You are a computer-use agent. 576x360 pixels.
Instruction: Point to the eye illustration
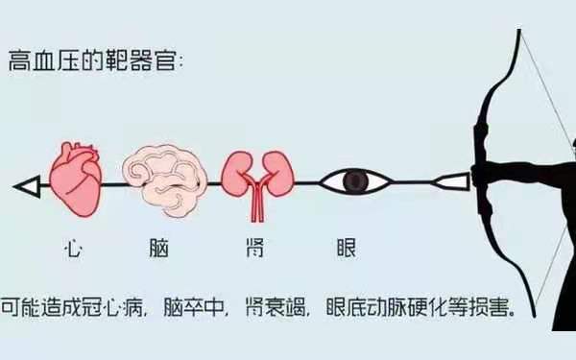click(x=354, y=180)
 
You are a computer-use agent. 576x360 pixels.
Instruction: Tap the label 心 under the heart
click(x=73, y=248)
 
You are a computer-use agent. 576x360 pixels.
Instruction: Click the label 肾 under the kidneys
click(x=252, y=248)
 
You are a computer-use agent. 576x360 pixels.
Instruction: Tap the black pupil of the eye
click(x=356, y=180)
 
